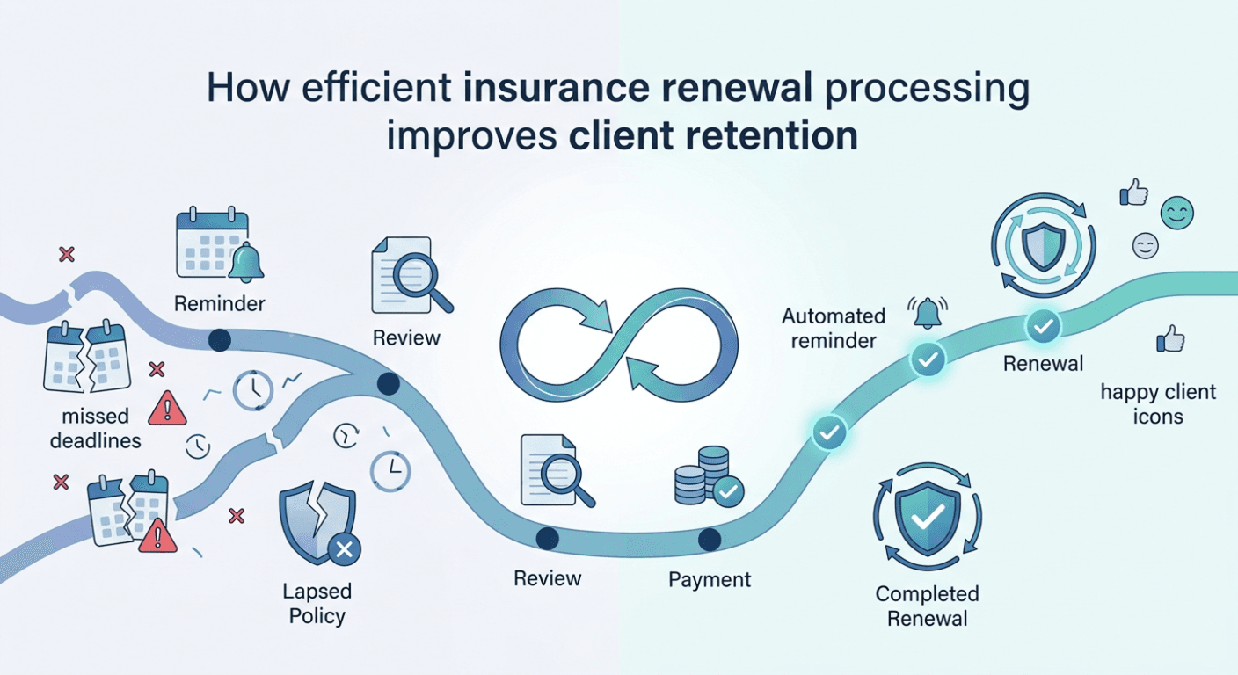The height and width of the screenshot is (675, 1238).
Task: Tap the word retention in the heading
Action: click(x=771, y=136)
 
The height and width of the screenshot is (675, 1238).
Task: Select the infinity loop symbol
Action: click(x=619, y=345)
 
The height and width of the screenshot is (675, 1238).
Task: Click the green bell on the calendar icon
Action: click(x=246, y=263)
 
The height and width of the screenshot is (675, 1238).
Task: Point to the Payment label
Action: click(x=710, y=579)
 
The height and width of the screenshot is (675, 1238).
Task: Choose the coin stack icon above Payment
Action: click(x=709, y=476)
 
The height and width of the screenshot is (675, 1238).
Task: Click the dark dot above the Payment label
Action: click(x=709, y=539)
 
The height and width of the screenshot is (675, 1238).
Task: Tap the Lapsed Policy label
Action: click(x=317, y=603)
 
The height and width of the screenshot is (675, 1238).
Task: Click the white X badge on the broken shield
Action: click(x=345, y=549)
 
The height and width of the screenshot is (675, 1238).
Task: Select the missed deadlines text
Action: click(x=96, y=428)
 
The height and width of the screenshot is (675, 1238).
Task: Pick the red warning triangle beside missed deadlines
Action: click(x=167, y=408)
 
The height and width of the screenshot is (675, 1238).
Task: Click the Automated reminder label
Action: click(x=834, y=328)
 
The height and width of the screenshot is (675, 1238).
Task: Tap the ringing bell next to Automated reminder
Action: click(x=928, y=313)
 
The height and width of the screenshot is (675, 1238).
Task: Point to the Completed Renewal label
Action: click(x=928, y=606)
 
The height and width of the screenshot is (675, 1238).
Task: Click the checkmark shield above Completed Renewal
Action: click(x=928, y=517)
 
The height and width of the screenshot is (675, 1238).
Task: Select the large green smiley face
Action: click(x=1176, y=214)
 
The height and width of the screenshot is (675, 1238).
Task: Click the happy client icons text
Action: click(x=1158, y=403)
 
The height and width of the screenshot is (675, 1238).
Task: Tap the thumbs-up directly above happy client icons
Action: click(x=1170, y=338)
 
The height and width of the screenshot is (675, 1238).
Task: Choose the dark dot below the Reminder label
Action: click(x=220, y=340)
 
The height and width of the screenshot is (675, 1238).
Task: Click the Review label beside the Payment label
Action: click(x=547, y=578)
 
